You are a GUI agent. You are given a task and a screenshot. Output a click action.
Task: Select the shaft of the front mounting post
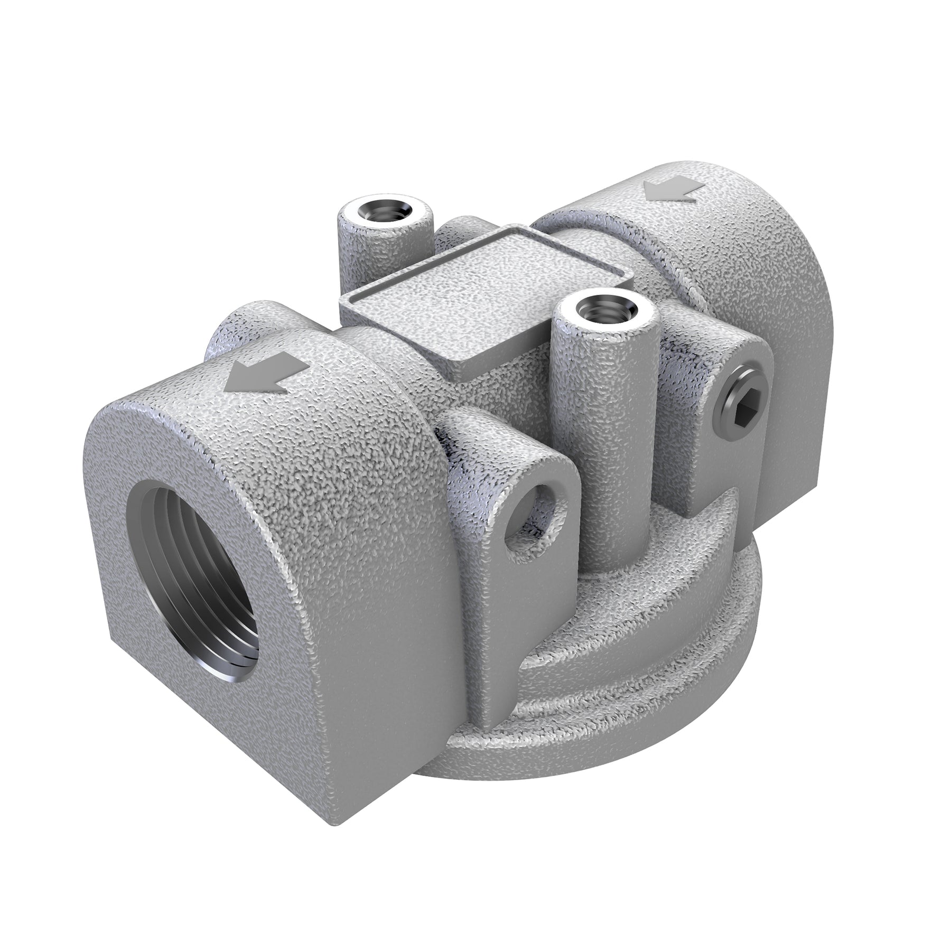[x=602, y=449]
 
